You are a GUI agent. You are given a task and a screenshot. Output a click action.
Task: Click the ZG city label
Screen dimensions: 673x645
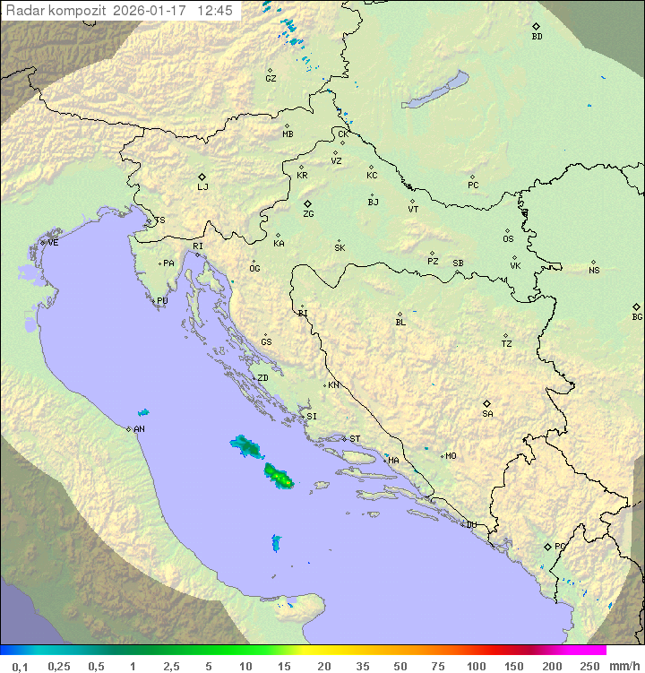click(308, 214)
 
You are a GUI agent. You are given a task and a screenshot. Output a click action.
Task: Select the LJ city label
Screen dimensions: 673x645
click(202, 186)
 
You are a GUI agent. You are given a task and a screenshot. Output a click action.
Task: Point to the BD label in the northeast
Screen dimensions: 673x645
click(537, 36)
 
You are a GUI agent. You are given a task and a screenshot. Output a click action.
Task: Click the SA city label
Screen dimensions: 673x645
click(487, 413)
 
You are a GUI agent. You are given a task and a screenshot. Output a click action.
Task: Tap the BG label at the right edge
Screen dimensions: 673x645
click(637, 316)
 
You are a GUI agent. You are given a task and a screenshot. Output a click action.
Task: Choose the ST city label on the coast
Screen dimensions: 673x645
click(355, 438)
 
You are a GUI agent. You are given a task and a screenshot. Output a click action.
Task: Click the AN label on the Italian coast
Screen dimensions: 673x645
click(139, 429)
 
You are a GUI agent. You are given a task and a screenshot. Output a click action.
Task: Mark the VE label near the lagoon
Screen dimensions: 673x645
click(53, 242)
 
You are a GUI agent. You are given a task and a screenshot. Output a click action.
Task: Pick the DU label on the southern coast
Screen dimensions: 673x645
click(470, 525)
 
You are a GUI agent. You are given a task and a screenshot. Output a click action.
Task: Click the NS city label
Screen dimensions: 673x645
click(594, 270)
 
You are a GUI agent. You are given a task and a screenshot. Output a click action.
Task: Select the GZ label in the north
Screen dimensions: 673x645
click(271, 78)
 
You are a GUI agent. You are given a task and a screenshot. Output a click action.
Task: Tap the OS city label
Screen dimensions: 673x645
click(508, 239)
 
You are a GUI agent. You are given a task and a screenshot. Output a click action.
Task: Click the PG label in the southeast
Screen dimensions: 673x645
click(560, 546)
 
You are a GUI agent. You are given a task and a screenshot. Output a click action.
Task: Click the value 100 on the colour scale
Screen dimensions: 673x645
click(476, 666)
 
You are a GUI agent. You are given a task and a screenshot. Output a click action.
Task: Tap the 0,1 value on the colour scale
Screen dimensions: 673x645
click(20, 666)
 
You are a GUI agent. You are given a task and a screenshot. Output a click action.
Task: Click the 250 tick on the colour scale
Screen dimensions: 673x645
click(589, 666)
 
